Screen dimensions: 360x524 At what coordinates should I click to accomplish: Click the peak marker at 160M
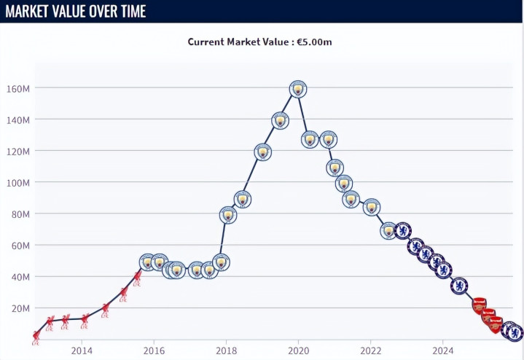pos(297,89)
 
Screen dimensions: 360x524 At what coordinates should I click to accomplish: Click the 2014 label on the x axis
pos(82,349)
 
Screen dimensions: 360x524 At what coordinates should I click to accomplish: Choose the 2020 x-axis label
pos(298,349)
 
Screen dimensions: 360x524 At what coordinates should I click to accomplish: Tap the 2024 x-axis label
pos(442,349)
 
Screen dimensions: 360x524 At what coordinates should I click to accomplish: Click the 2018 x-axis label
pos(226,349)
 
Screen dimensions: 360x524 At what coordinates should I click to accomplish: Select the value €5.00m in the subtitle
pos(314,42)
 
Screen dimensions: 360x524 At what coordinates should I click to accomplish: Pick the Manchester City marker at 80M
pos(228,214)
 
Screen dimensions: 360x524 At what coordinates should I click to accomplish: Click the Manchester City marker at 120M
pos(263,152)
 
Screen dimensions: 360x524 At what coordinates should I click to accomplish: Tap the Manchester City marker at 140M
pos(281,120)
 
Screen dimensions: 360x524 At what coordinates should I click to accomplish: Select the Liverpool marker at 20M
pos(106,308)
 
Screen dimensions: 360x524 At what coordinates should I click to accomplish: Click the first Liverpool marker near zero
pos(36,337)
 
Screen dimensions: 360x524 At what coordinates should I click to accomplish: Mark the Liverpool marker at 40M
pos(137,277)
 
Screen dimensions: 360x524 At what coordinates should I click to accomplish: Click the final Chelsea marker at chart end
pos(515,333)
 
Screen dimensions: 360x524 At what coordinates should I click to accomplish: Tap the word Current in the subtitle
pos(208,42)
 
